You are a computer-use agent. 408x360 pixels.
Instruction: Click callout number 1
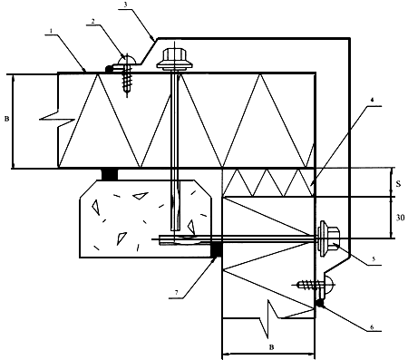pos(51,31)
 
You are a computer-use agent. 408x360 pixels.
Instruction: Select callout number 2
pos(93,21)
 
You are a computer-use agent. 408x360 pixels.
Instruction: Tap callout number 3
pos(125,5)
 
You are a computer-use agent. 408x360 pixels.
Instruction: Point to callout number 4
pos(372,100)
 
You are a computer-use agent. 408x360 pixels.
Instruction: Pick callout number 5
pos(374,259)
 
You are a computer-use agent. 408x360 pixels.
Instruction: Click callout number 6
pos(372,327)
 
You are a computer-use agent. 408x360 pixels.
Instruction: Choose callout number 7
pos(176,293)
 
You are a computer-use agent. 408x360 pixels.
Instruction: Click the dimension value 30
pos(400,217)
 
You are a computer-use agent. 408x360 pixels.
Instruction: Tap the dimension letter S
pos(399,183)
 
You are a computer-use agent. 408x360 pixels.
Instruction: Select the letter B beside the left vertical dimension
pos(6,119)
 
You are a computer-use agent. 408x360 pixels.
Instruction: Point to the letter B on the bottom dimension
pos(271,347)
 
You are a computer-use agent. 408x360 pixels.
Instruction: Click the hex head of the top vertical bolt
pos(174,55)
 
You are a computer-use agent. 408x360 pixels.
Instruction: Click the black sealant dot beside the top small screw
pos(108,69)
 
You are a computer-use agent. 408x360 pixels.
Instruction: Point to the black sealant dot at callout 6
pos(320,303)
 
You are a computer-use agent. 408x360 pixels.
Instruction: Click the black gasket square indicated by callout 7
pos(217,250)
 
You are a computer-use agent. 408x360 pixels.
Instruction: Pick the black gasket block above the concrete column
pos(110,174)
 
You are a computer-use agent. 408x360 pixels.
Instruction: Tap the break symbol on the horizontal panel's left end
pos(57,120)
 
